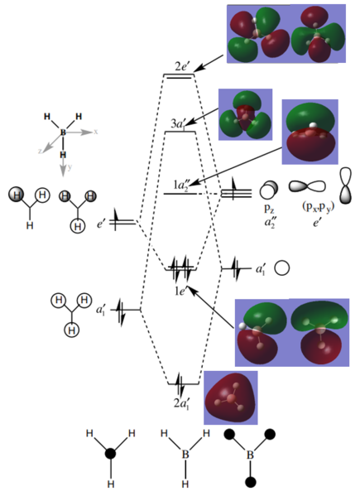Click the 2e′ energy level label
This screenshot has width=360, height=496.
point(181,67)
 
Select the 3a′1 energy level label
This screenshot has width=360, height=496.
point(178,124)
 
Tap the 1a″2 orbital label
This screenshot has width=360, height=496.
point(181,185)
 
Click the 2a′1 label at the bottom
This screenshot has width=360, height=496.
point(181,403)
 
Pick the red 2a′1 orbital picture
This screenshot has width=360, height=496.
point(230,397)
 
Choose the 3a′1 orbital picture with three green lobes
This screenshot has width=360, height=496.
point(245,114)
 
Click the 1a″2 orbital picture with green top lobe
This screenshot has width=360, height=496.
point(310,132)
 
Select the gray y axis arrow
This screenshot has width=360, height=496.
point(64,167)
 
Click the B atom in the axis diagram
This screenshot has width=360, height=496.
point(63,132)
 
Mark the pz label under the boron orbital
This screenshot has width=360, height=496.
point(268,209)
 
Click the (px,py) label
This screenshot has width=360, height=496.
point(319,208)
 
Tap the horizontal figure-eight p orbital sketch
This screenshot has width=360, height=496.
point(307,186)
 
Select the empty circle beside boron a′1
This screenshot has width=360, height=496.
point(281,268)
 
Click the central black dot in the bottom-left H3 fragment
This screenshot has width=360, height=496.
point(110,454)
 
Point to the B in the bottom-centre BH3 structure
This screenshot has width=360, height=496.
point(185,455)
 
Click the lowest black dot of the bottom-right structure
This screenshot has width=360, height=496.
point(251,482)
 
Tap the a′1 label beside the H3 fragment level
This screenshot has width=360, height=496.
point(101,309)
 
